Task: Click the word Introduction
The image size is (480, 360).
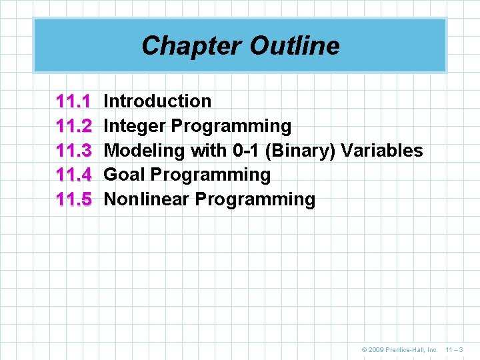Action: pyautogui.click(x=158, y=101)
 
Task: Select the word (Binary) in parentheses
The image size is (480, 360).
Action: pyautogui.click(x=300, y=151)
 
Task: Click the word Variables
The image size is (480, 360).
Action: pyautogui.click(x=382, y=151)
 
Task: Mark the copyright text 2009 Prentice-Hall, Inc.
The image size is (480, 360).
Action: pyautogui.click(x=404, y=349)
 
